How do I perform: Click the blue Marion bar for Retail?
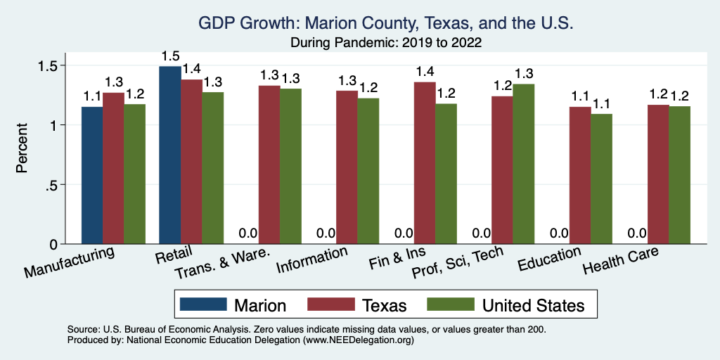click(170, 155)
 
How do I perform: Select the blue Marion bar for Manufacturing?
click(92, 175)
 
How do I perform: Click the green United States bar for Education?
click(601, 179)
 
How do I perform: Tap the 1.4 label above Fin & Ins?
click(424, 72)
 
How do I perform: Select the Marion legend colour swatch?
click(203, 304)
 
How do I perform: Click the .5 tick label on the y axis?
click(55, 185)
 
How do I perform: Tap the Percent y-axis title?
click(22, 149)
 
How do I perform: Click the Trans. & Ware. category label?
click(232, 264)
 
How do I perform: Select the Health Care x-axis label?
click(621, 262)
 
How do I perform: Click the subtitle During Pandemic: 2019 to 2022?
click(386, 42)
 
